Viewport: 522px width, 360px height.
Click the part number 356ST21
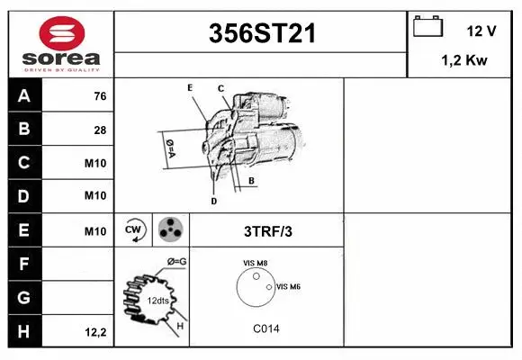(261, 34)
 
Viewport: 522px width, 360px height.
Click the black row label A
(24, 96)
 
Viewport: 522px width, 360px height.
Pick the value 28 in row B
(100, 130)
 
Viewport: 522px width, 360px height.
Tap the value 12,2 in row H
(95, 332)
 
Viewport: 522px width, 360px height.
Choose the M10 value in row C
(95, 164)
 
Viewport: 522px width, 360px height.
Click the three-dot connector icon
(169, 230)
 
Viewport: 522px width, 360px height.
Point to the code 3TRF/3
(268, 231)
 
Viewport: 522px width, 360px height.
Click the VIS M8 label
(256, 263)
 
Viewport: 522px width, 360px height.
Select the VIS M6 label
(288, 286)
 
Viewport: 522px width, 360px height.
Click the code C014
(265, 328)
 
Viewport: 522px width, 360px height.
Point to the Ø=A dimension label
(170, 148)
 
